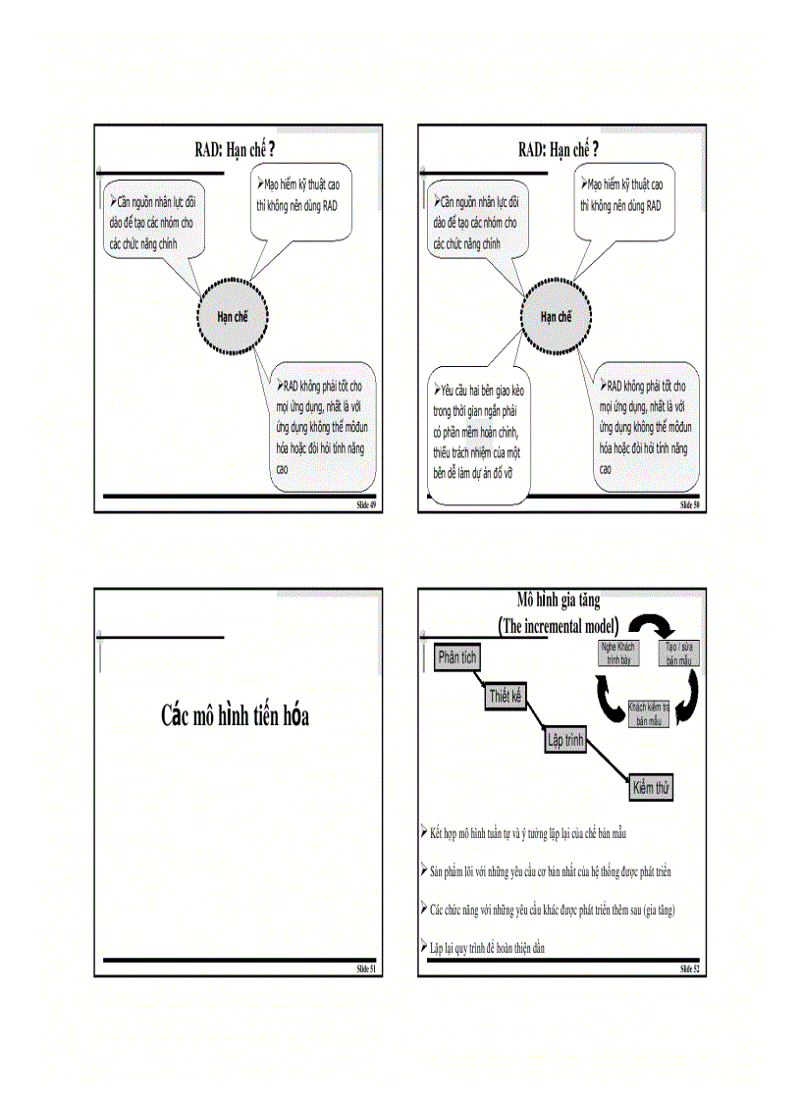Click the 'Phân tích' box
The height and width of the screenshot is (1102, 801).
(x=457, y=657)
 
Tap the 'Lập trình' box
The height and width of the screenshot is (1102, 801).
(x=565, y=741)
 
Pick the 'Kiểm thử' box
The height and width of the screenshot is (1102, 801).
(x=653, y=788)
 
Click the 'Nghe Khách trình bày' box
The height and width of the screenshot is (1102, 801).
(x=617, y=655)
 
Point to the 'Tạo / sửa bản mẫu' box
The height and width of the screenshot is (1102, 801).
(x=679, y=655)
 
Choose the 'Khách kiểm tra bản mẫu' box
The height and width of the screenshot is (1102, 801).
(x=649, y=713)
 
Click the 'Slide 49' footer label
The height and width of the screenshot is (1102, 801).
(x=365, y=504)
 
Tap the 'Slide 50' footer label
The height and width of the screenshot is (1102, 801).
(x=689, y=504)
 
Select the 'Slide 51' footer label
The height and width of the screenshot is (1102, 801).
(x=365, y=970)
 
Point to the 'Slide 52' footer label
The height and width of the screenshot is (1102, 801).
(x=689, y=970)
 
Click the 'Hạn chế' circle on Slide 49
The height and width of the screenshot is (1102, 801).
(x=232, y=317)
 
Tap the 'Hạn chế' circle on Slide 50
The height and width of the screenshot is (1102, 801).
(x=556, y=317)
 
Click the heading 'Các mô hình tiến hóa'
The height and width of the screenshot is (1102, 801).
(x=236, y=716)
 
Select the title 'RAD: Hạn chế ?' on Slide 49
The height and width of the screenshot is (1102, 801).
(x=232, y=149)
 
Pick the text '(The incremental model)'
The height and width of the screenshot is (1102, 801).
(x=559, y=626)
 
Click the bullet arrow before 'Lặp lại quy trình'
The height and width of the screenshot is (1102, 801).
(x=423, y=946)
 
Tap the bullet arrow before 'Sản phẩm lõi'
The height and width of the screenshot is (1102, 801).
(x=423, y=869)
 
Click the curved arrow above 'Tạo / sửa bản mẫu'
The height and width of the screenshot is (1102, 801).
(x=649, y=625)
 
